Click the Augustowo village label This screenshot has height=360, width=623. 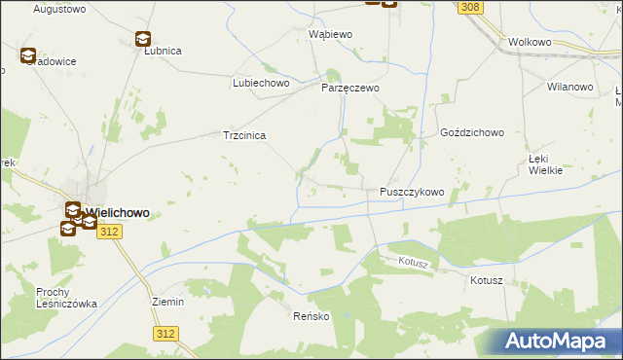pyautogui.click(x=55, y=9)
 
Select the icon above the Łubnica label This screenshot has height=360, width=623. pyautogui.click(x=142, y=39)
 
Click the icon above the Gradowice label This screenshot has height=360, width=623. pyautogui.click(x=27, y=56)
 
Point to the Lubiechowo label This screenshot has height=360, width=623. pyautogui.click(x=262, y=84)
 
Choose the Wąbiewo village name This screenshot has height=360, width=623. pyautogui.click(x=330, y=34)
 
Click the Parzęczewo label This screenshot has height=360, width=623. pyautogui.click(x=350, y=88)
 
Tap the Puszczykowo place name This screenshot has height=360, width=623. pyautogui.click(x=412, y=193)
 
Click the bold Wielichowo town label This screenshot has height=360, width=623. pyautogui.click(x=117, y=212)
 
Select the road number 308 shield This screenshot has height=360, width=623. pyautogui.click(x=471, y=8)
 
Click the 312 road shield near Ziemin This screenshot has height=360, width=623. pyautogui.click(x=165, y=334)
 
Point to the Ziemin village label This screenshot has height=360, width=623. pyautogui.click(x=167, y=302)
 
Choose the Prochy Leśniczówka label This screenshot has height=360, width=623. pyautogui.click(x=67, y=298)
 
